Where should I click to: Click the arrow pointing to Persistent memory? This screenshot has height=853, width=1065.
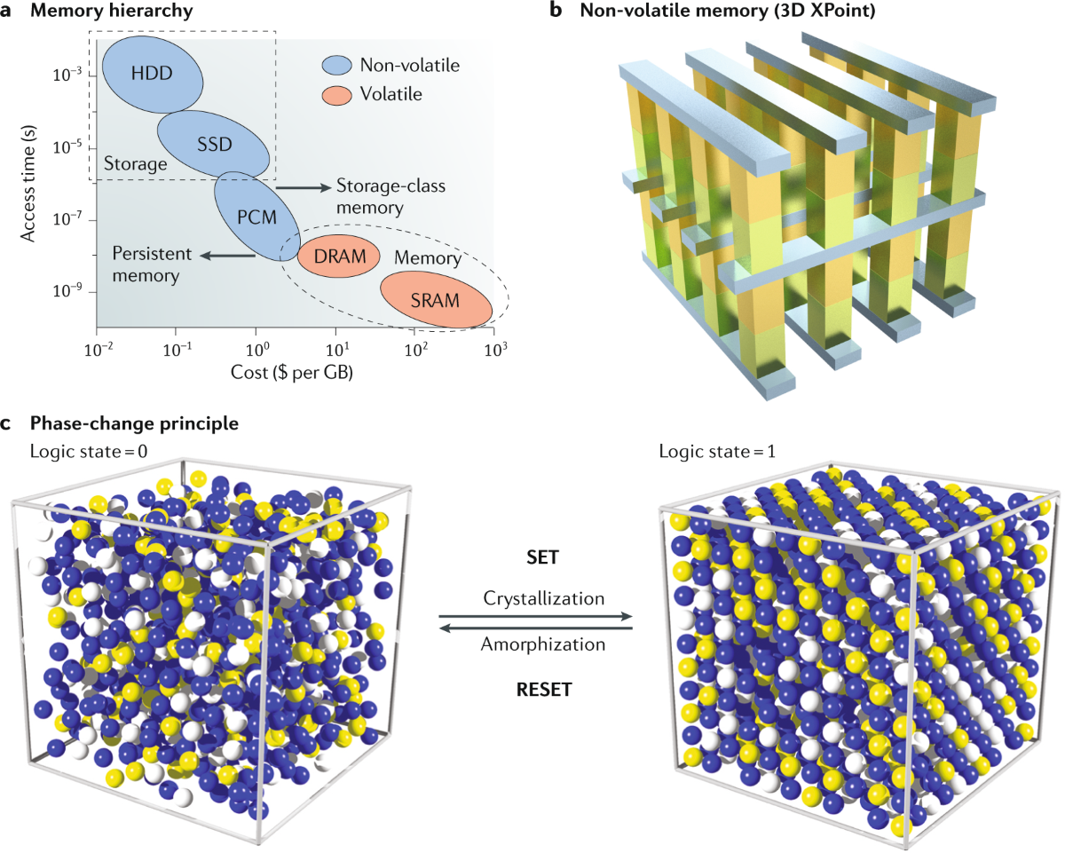click(x=227, y=256)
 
